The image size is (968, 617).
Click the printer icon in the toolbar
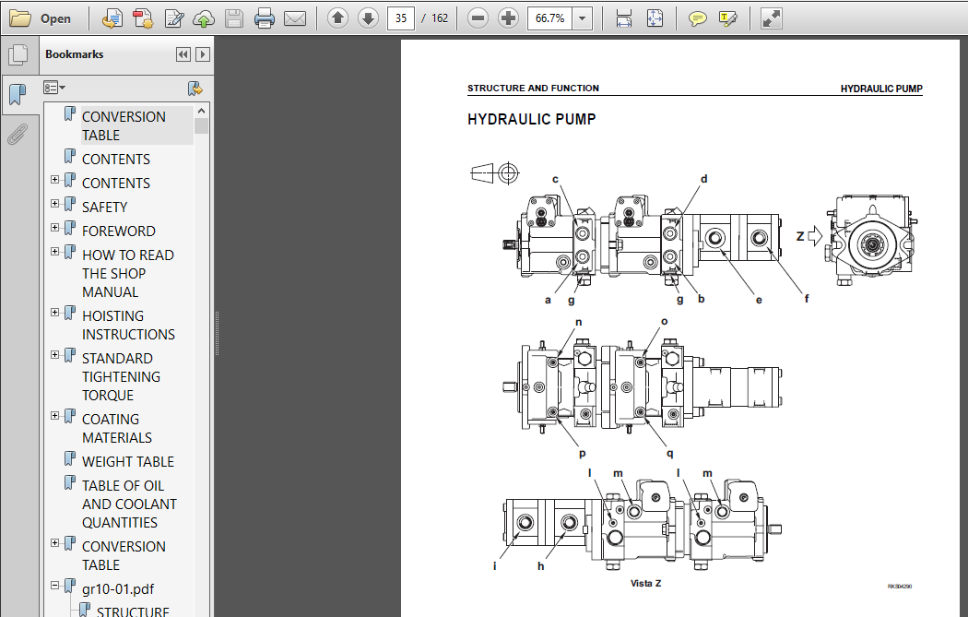[265, 18]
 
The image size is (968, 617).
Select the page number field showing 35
[401, 18]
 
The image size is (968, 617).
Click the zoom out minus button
[478, 18]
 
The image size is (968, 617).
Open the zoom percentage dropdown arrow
[582, 18]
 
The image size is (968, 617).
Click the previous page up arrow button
[337, 18]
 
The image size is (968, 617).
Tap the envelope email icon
[295, 18]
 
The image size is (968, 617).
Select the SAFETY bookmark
[104, 207]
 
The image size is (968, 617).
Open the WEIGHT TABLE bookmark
[128, 461]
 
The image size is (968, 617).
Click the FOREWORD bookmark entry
[119, 231]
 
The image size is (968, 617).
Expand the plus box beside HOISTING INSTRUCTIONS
[55, 313]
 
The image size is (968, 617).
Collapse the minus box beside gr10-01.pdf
[55, 585]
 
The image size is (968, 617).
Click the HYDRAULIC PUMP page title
[532, 119]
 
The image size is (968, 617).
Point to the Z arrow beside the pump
[815, 236]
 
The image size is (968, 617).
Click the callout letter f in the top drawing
[807, 299]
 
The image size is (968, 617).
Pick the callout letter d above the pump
[703, 179]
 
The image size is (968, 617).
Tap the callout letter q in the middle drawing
[670, 454]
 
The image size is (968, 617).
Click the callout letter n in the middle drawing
[578, 322]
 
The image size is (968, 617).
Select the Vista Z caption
[645, 583]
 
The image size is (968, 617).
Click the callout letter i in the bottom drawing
[494, 565]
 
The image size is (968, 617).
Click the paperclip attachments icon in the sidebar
[18, 135]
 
